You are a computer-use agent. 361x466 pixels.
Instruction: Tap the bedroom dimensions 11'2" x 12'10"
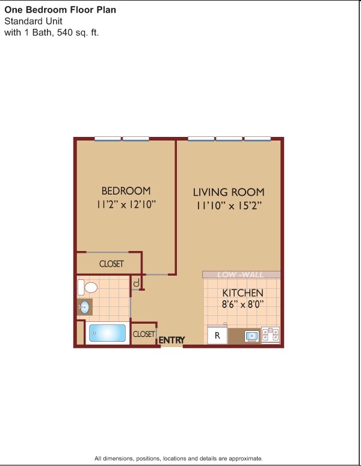(126, 204)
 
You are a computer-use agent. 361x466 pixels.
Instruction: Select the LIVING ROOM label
(229, 192)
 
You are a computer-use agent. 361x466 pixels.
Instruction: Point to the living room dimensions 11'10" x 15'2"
(229, 205)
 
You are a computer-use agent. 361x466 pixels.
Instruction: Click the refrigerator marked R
(217, 336)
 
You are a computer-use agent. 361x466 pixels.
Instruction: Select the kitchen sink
(252, 336)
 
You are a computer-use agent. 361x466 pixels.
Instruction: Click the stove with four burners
(271, 335)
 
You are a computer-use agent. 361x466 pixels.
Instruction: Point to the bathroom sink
(85, 307)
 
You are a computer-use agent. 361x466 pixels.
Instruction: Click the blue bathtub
(107, 333)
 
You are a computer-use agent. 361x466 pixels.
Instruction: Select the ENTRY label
(172, 340)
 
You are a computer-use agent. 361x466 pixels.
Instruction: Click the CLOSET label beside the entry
(144, 334)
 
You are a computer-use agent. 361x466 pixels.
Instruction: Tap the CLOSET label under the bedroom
(111, 264)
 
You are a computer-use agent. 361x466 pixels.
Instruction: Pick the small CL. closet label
(137, 282)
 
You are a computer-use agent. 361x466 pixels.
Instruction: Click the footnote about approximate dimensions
(179, 458)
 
